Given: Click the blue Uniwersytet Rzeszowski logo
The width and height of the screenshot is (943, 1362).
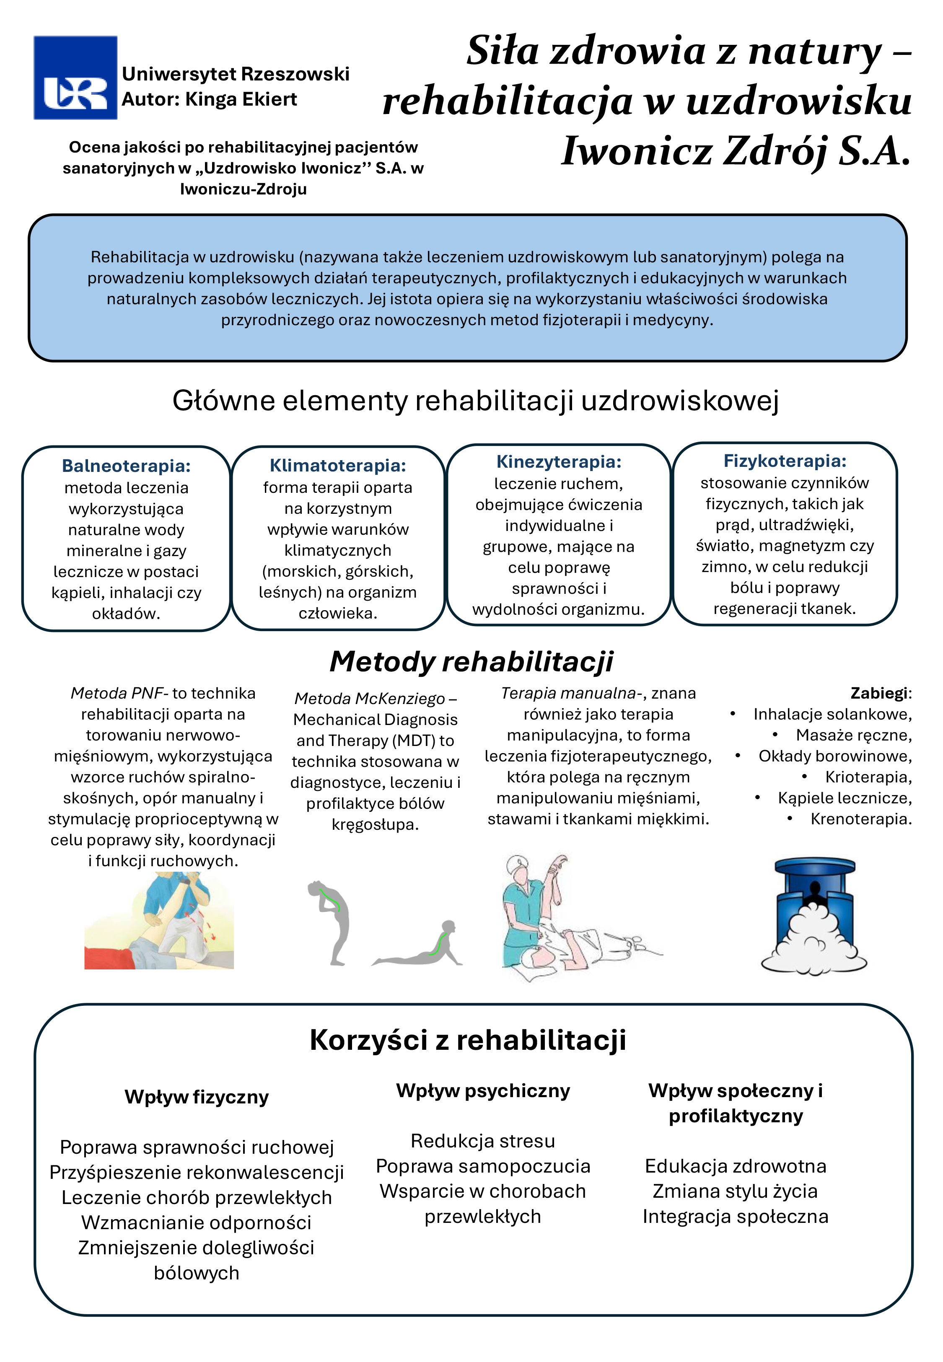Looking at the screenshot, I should tap(75, 78).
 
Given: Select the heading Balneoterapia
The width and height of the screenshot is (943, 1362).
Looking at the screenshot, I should tap(127, 466).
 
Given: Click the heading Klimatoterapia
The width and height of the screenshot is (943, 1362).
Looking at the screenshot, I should tap(338, 466).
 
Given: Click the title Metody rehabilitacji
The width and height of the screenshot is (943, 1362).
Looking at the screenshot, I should tap(471, 661).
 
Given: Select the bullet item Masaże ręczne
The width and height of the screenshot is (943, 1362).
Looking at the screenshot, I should tap(853, 735).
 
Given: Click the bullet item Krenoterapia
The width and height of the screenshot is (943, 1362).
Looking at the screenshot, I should tap(860, 819).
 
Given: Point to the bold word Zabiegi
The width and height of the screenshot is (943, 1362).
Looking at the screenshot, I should tap(880, 694).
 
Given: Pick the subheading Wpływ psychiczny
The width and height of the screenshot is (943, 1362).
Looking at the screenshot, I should tap(483, 1090).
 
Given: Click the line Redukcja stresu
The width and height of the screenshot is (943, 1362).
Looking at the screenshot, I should tap(483, 1140).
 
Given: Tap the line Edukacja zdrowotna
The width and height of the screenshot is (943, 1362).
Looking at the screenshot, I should tap(735, 1166).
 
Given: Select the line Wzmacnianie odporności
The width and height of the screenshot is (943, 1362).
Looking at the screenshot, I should tap(196, 1222).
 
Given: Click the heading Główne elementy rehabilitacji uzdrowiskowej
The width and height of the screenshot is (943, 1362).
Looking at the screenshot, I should tap(475, 401).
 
